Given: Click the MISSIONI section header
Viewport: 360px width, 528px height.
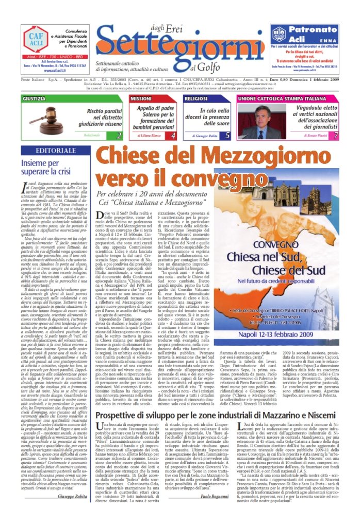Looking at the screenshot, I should [141, 98].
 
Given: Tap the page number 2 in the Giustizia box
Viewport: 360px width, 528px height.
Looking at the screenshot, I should [119, 135].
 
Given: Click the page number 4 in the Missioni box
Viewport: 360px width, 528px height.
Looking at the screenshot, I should [173, 135].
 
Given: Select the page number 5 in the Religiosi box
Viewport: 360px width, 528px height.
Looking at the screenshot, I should [227, 135].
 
